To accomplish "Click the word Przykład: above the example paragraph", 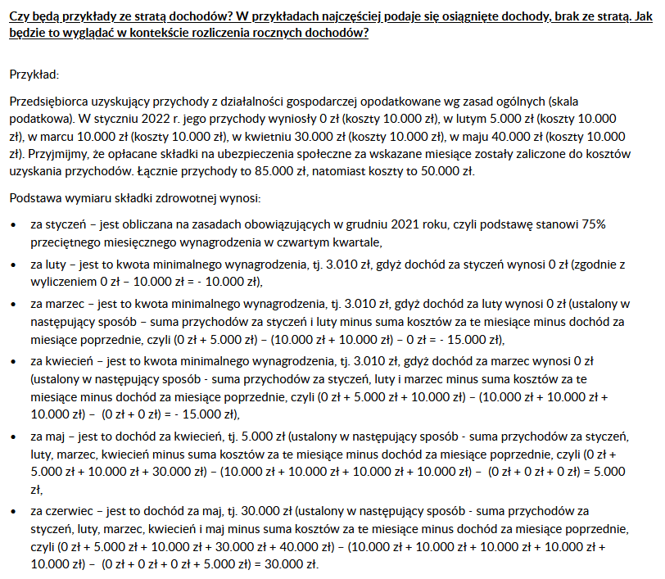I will [x=34, y=75].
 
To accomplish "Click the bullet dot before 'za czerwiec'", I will [x=12, y=512].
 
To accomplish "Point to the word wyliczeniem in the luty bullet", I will [x=61, y=282].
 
